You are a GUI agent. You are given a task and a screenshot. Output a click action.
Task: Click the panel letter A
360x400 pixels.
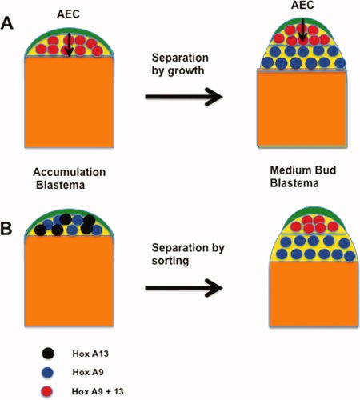point(7,23)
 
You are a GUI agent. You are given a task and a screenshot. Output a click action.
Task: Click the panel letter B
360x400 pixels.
point(6,228)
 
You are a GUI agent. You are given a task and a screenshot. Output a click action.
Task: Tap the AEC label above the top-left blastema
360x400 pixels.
point(68,14)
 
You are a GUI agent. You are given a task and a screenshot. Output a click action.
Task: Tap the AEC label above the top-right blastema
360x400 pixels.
point(302,5)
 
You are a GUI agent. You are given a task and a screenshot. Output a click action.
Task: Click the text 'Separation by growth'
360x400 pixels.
point(180,64)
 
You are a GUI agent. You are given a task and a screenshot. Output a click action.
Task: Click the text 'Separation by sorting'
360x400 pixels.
point(188,254)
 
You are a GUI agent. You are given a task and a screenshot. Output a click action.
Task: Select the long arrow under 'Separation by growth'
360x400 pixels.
point(184,97)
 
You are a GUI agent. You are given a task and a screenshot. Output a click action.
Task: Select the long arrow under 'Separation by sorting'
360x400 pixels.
point(184,288)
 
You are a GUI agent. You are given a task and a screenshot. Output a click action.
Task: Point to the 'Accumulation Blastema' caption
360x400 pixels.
point(69,178)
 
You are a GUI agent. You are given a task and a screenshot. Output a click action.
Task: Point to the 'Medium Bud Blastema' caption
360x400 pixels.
point(303,177)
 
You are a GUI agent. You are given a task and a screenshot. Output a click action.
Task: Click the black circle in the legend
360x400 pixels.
point(48,354)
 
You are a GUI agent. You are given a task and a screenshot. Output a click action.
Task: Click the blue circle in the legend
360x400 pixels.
point(48,373)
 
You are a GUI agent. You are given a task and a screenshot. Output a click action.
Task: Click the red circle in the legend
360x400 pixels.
point(46,392)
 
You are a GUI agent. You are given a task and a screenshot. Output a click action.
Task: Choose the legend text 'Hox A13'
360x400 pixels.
point(90,354)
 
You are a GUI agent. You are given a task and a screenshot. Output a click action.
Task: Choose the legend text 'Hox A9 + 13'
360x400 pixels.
point(98,391)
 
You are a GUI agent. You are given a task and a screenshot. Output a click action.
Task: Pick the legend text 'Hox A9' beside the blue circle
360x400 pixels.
point(88,372)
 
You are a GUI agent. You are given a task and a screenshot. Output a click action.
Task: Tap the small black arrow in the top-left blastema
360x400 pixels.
point(69,45)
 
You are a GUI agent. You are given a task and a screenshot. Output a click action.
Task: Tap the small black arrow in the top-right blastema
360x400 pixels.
point(302,30)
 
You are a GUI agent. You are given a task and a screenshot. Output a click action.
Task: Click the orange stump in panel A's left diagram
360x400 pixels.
point(69,102)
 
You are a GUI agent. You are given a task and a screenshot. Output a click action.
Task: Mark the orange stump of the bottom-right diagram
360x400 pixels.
point(314,294)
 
